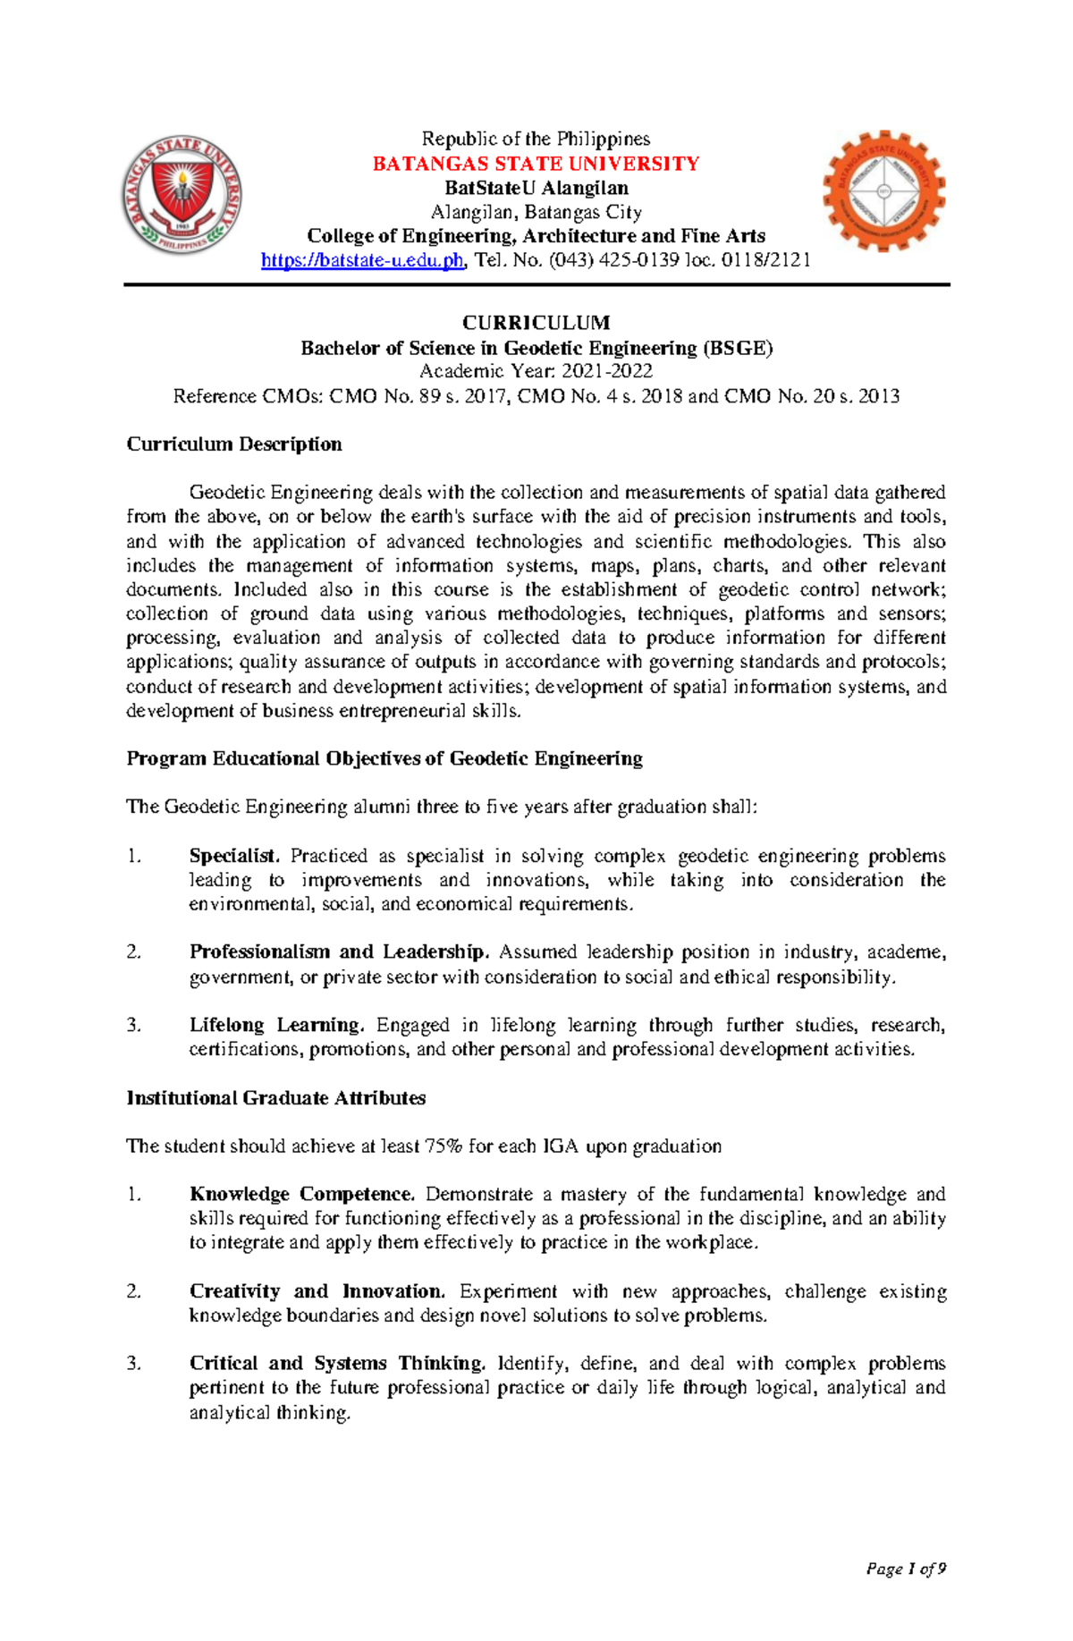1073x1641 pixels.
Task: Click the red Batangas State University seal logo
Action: (x=182, y=196)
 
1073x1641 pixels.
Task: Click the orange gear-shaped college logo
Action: (x=883, y=191)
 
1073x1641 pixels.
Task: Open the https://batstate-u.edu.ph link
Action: (x=362, y=260)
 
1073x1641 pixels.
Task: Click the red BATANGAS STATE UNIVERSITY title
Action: (x=536, y=164)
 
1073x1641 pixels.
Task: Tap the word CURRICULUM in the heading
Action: (x=536, y=323)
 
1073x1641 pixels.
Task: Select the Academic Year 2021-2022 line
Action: (x=536, y=372)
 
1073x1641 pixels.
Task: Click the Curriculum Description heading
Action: (x=233, y=444)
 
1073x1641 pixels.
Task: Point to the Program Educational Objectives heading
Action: (x=384, y=759)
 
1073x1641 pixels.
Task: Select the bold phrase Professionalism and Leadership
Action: (x=339, y=952)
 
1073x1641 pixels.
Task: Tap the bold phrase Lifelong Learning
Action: (x=276, y=1026)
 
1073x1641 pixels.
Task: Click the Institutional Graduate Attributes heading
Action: (x=275, y=1098)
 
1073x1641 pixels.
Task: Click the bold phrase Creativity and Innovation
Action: (x=317, y=1291)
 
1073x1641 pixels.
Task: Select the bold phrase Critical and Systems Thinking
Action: (x=337, y=1364)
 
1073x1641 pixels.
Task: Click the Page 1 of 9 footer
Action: (x=905, y=1569)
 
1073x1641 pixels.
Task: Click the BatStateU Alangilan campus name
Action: (x=536, y=188)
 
